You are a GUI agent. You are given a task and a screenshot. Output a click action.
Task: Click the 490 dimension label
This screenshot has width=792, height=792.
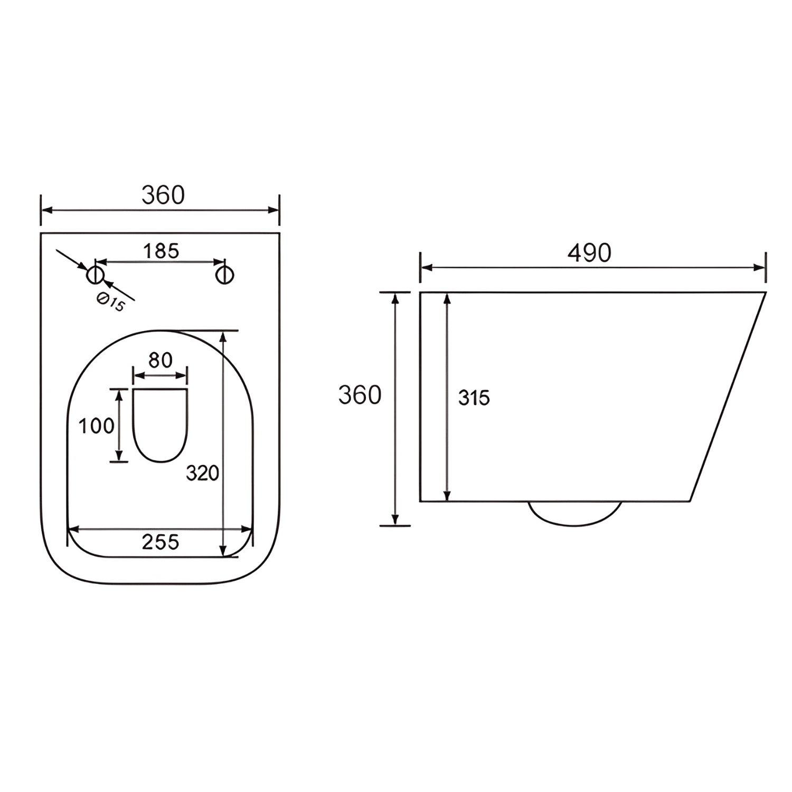pos(589,253)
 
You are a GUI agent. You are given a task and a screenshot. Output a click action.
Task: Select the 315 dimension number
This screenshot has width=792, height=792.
pos(474,398)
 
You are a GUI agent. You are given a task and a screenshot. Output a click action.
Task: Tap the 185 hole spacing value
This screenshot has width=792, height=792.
pos(161,251)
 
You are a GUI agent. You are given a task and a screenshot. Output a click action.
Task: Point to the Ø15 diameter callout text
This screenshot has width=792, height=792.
pos(111,303)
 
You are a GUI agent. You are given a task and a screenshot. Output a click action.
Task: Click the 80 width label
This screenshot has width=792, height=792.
pos(160,361)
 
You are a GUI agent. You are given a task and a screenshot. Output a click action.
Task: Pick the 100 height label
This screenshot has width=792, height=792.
pos(96,426)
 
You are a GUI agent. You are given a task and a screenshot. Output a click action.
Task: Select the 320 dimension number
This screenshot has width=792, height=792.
pos(202,474)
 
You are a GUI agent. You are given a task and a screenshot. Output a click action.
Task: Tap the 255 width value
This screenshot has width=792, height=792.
pos(160,542)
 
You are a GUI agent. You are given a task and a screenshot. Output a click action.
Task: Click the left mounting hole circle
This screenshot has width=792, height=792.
pos(96,275)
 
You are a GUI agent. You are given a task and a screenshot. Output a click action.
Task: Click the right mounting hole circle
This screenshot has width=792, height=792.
pos(224,275)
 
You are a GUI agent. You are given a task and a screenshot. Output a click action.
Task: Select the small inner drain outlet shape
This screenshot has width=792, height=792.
pos(160,425)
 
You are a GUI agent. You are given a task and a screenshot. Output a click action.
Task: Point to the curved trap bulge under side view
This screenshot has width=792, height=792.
pos(575,515)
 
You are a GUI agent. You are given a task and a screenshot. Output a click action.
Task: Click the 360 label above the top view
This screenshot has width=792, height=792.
pos(163,195)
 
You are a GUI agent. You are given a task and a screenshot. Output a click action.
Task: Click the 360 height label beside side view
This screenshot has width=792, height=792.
pos(360,395)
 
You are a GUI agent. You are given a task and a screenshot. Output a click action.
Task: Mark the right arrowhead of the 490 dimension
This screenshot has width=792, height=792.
pos(761,268)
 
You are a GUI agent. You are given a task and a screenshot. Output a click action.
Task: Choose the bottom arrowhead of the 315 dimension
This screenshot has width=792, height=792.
pos(447,496)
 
